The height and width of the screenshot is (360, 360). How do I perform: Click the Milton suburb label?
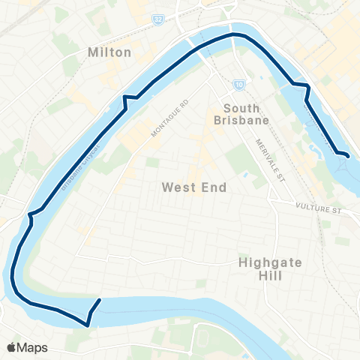pyautogui.click(x=109, y=52)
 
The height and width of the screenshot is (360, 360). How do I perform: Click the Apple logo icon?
pyautogui.click(x=11, y=347)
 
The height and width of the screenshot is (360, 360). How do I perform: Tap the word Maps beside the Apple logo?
pyautogui.click(x=33, y=347)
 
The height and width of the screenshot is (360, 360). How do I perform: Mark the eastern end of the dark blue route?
pyautogui.click(x=348, y=156)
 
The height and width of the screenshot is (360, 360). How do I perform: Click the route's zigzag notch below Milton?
pyautogui.click(x=129, y=98)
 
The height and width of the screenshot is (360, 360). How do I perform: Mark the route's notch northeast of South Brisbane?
pyautogui.click(x=306, y=88)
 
